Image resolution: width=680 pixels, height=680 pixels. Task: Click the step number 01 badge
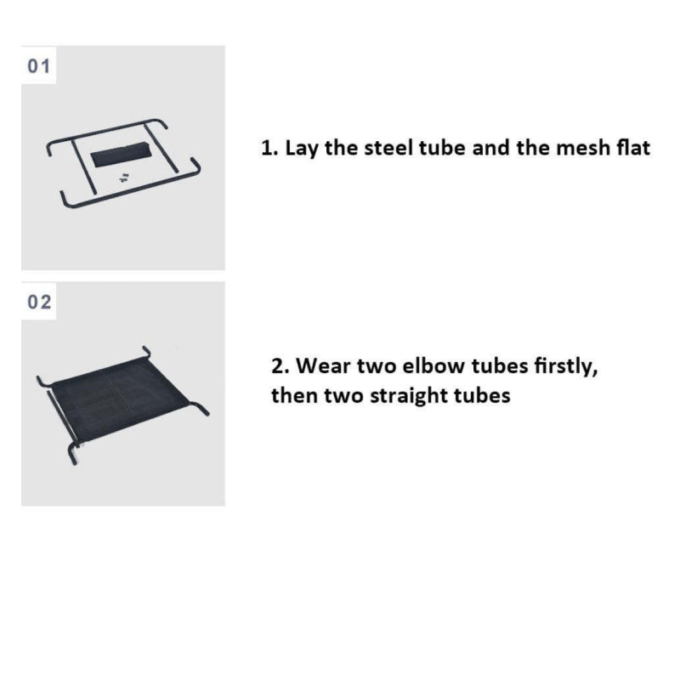(38, 65)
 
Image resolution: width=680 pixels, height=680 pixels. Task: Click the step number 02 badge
(38, 302)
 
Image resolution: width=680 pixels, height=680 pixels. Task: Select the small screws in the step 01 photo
(124, 177)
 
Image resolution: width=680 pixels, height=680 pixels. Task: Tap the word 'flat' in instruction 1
(633, 148)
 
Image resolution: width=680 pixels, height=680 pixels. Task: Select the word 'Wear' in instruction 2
(324, 365)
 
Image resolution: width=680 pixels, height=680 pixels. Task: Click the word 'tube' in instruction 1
(441, 148)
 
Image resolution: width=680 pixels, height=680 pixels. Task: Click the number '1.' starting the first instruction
(269, 148)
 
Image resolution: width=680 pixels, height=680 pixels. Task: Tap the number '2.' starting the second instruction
(280, 366)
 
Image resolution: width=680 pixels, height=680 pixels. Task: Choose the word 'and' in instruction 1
(490, 148)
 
